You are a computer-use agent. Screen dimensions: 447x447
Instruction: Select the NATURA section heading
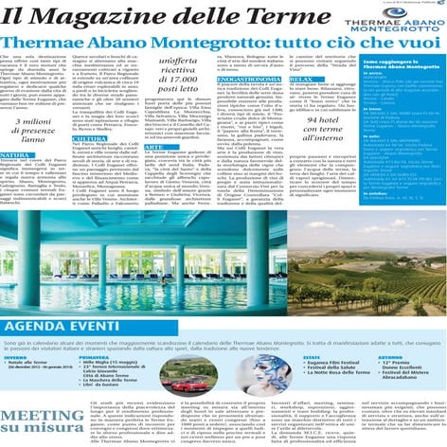[15, 154]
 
